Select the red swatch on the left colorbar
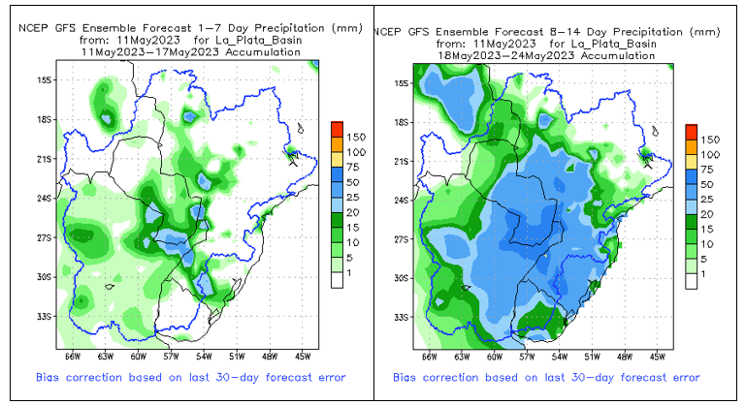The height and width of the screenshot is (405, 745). pos(337,130)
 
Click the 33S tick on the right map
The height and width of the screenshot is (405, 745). pos(402,318)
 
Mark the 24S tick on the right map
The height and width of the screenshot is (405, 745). pos(402,200)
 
